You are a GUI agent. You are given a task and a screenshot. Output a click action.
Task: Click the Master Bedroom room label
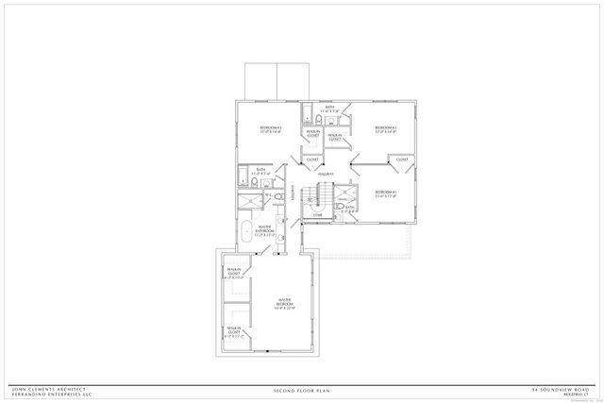pos(285,300)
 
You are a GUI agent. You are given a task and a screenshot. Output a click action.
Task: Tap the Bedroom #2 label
pos(384,127)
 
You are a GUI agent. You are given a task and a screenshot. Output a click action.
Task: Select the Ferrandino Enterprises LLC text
pos(51,394)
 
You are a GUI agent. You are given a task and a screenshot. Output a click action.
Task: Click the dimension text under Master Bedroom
pos(285,306)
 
